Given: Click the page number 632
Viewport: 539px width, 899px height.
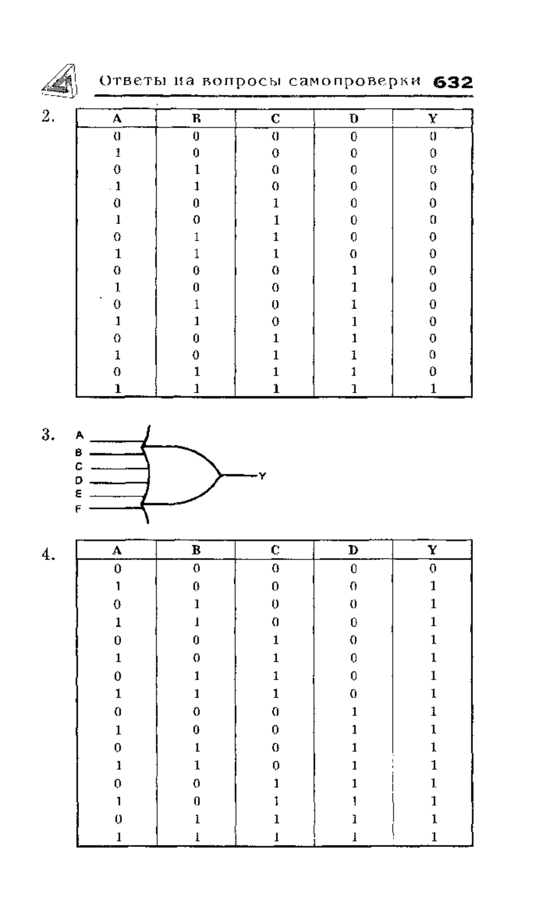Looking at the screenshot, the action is click(453, 83).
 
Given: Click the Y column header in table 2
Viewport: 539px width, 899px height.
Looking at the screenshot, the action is click(432, 119).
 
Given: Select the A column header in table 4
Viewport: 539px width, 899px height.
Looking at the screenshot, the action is click(117, 550).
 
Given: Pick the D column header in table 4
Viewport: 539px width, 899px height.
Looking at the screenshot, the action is click(354, 550).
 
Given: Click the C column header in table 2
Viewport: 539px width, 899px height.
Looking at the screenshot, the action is click(275, 119).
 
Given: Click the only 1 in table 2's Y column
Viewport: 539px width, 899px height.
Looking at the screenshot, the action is click(433, 389).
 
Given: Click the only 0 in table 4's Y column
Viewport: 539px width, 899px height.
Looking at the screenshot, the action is click(433, 568).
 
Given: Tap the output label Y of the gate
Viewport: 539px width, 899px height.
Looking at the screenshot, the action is click(262, 476).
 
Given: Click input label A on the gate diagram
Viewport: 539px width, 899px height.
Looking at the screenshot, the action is click(80, 435).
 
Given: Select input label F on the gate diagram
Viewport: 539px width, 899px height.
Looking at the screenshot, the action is click(78, 510).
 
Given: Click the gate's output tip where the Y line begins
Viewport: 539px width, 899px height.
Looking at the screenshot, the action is click(221, 475).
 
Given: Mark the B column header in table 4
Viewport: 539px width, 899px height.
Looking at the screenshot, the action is click(196, 550).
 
